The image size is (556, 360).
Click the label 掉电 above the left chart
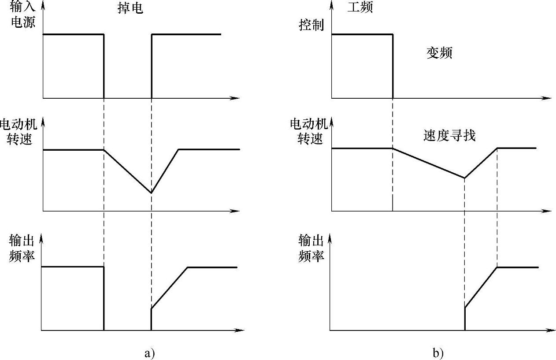pos(131,8)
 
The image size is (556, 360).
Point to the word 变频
pos(439,53)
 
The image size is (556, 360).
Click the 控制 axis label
pos(311,25)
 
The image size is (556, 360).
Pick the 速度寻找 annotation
pos(449,135)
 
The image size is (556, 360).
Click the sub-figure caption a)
pos(149,353)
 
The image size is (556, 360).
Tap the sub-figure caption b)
pos(437,353)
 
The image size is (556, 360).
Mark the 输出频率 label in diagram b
pos(311,248)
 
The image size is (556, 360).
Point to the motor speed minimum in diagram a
pos(151,193)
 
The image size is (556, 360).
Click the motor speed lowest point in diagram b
pos(465,178)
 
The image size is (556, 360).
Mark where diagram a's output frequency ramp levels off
pos(188,267)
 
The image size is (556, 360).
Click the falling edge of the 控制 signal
pos(393,66)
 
